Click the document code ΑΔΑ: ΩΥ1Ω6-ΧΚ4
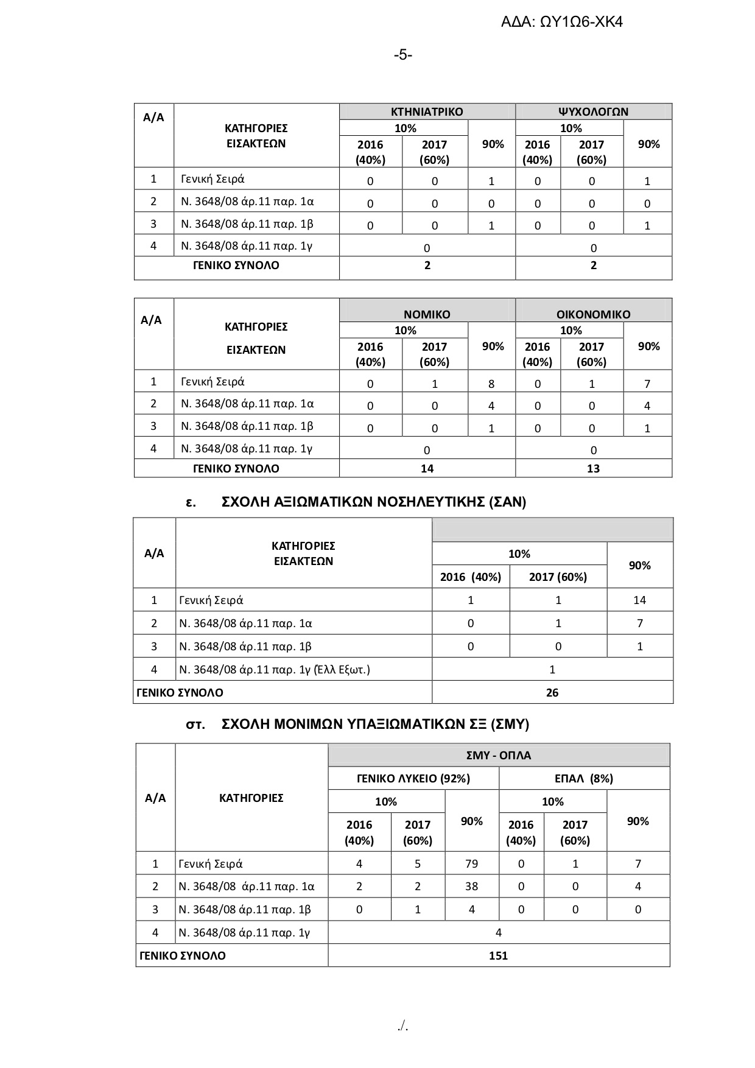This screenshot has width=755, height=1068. point(561,23)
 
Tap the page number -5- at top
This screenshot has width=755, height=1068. point(402,55)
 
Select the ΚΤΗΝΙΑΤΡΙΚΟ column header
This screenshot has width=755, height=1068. point(427,112)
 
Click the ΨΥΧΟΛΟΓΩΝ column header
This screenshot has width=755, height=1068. point(593,112)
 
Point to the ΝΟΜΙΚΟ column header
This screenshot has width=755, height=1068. point(427,315)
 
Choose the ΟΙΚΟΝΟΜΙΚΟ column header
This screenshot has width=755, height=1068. point(593,315)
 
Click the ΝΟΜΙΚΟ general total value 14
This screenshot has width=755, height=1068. point(427,468)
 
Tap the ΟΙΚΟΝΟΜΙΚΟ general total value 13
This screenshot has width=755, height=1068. point(593,468)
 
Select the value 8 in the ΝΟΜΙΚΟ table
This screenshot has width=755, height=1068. point(491,384)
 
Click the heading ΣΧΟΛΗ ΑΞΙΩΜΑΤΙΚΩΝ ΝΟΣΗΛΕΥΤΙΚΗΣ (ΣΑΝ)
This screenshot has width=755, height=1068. point(374,502)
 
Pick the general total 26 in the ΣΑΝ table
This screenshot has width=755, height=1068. point(552,692)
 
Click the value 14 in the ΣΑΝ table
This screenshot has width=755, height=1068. point(639,600)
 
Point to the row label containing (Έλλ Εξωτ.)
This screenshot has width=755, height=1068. point(275,670)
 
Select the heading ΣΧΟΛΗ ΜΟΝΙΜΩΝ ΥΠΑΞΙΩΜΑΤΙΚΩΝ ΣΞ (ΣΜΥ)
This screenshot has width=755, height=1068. point(376,725)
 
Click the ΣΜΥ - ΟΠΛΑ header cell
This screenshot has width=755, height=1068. point(498,756)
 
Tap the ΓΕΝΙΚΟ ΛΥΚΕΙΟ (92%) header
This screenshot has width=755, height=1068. point(413,779)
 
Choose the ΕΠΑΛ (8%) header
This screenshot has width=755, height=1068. point(584,779)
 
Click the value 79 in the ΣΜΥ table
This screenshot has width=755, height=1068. point(471,863)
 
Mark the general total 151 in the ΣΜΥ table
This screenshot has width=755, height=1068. point(498,955)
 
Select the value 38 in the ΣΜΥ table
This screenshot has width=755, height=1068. point(471,887)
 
